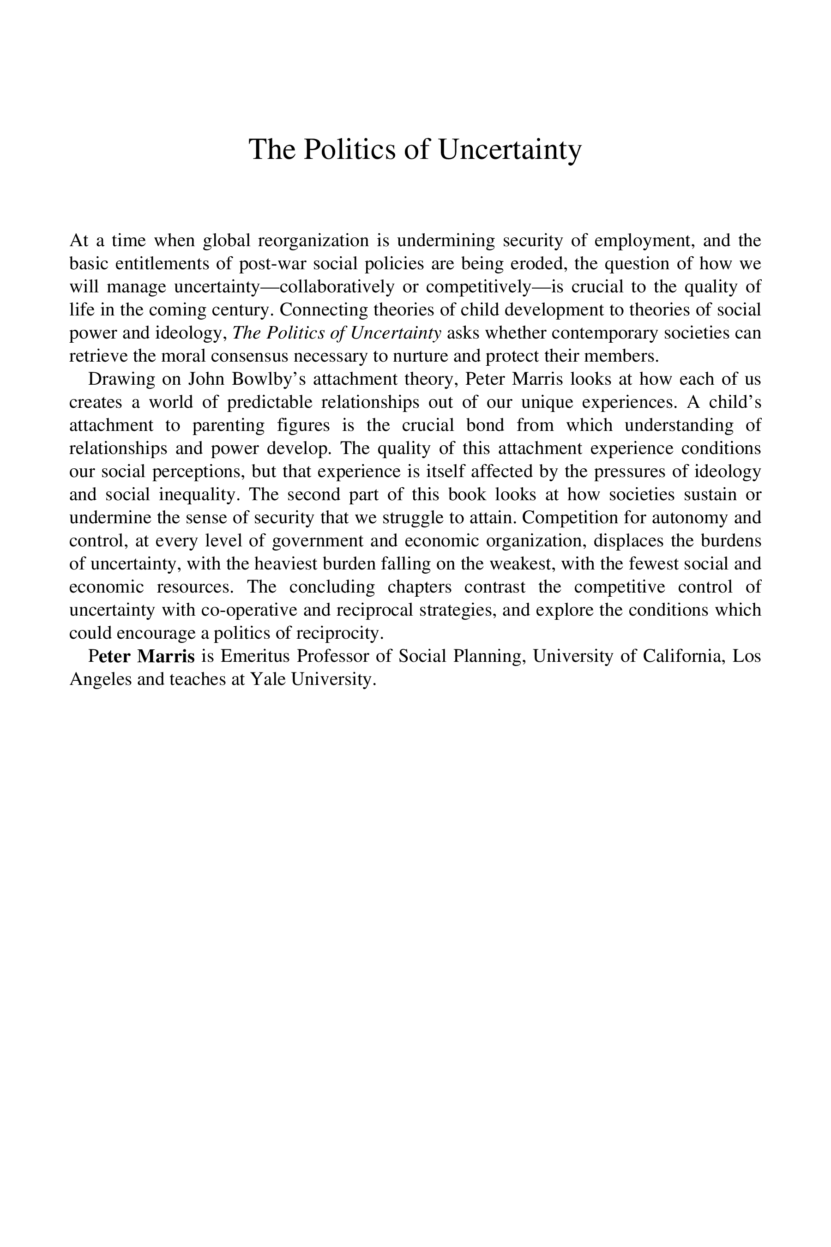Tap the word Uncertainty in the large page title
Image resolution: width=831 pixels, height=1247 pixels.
coord(509,150)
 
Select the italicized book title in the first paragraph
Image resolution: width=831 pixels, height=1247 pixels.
coord(337,333)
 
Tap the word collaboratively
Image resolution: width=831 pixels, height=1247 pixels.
coord(337,287)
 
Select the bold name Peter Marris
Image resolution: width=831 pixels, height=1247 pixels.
coord(142,656)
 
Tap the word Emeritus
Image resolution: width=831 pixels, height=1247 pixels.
coord(255,656)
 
